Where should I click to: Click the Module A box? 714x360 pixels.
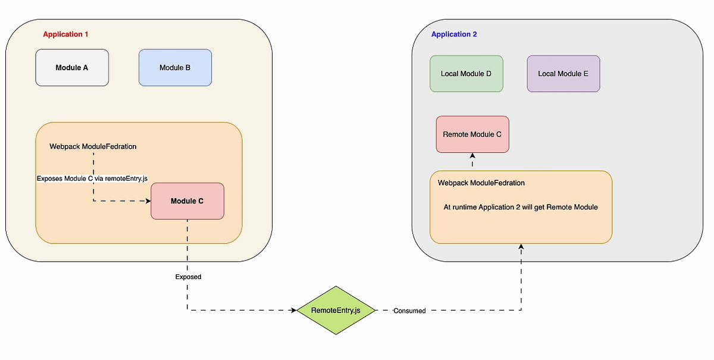[x=72, y=68]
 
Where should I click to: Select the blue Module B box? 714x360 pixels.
[x=175, y=68]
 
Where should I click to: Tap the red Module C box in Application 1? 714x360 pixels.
[x=187, y=201]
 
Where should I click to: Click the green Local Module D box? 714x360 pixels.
[x=466, y=74]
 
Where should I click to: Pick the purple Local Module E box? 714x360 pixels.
[x=563, y=74]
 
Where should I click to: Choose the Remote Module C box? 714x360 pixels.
[x=472, y=134]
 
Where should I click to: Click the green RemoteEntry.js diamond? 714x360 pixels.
[x=336, y=310]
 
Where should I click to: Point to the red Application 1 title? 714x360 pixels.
[x=65, y=35]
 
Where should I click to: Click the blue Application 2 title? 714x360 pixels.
[x=454, y=35]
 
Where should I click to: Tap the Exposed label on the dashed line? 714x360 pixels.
[x=188, y=277]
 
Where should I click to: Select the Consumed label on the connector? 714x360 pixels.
[x=409, y=311]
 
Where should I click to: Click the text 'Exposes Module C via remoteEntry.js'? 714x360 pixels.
[x=92, y=179]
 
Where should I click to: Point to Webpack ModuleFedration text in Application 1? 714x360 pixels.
[x=93, y=146]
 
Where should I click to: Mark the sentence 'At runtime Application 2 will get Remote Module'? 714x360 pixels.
[x=521, y=207]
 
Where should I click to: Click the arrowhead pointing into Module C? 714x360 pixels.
[x=148, y=201]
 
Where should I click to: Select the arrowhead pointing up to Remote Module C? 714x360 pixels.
[x=472, y=156]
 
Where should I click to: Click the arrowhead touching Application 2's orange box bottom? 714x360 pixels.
[x=521, y=246]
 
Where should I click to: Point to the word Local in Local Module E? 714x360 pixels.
[x=546, y=74]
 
